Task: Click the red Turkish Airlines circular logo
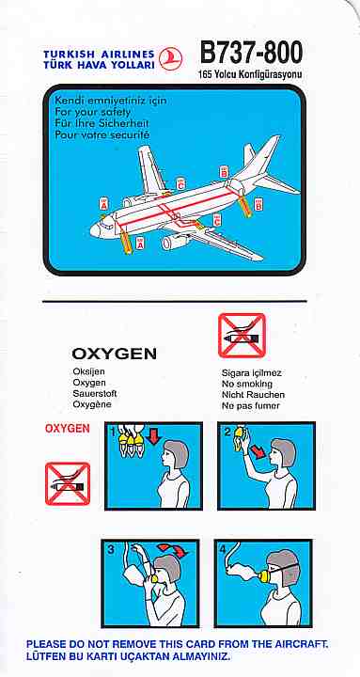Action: (x=170, y=58)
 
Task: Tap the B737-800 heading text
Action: (x=251, y=54)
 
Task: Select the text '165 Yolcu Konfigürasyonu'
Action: (x=250, y=74)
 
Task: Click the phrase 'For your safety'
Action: (x=93, y=112)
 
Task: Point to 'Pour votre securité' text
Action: (x=102, y=134)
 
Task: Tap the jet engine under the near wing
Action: (x=175, y=243)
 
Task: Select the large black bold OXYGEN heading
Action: (x=115, y=354)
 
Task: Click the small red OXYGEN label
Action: (x=68, y=429)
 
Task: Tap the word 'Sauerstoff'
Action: (x=95, y=394)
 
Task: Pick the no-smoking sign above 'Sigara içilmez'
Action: (x=242, y=336)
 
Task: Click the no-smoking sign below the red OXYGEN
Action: (x=68, y=484)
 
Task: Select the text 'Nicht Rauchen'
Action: (x=254, y=395)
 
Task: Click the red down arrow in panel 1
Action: (x=154, y=437)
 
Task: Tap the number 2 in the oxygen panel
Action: (x=227, y=432)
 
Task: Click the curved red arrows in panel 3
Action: (x=173, y=550)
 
